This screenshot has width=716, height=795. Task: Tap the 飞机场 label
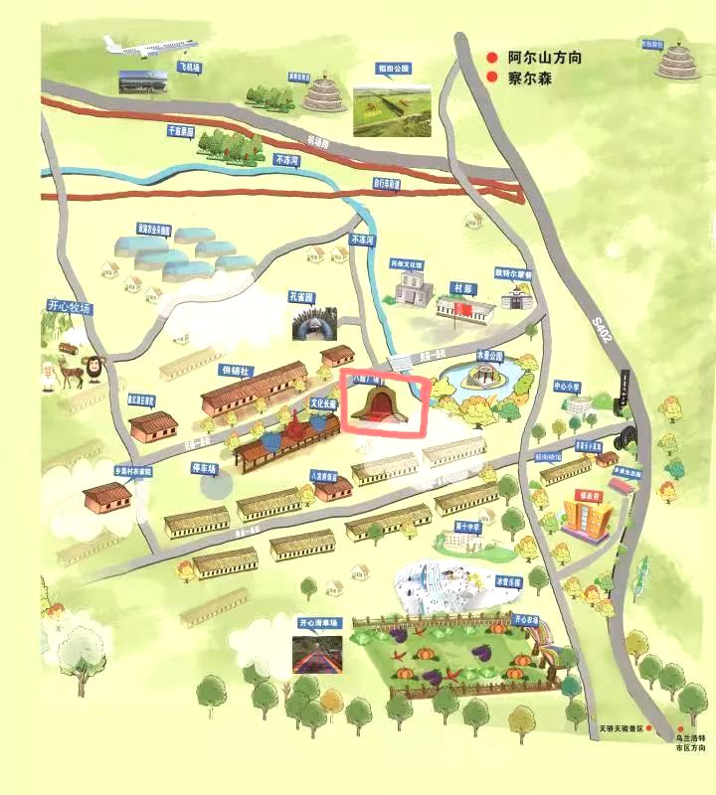(189, 68)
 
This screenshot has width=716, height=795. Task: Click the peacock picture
(314, 321)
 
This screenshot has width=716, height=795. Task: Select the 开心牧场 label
(68, 307)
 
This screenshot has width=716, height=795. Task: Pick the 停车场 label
(204, 466)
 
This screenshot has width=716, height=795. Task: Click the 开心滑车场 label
(319, 623)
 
